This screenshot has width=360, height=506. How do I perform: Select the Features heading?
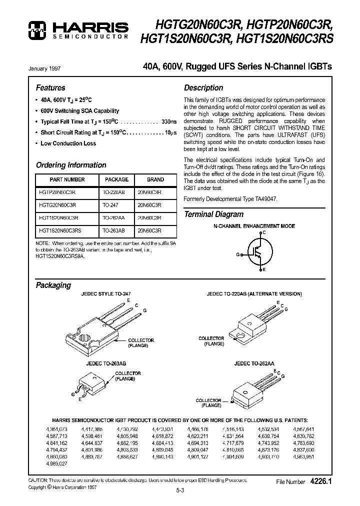(50, 87)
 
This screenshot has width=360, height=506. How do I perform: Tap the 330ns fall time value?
(169, 122)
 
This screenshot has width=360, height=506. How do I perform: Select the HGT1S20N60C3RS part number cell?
(60, 231)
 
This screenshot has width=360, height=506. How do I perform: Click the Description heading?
(203, 87)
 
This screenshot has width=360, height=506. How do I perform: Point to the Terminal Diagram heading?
(214, 214)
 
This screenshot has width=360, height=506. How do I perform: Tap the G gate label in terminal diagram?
(238, 254)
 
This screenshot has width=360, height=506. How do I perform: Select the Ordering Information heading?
(71, 165)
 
